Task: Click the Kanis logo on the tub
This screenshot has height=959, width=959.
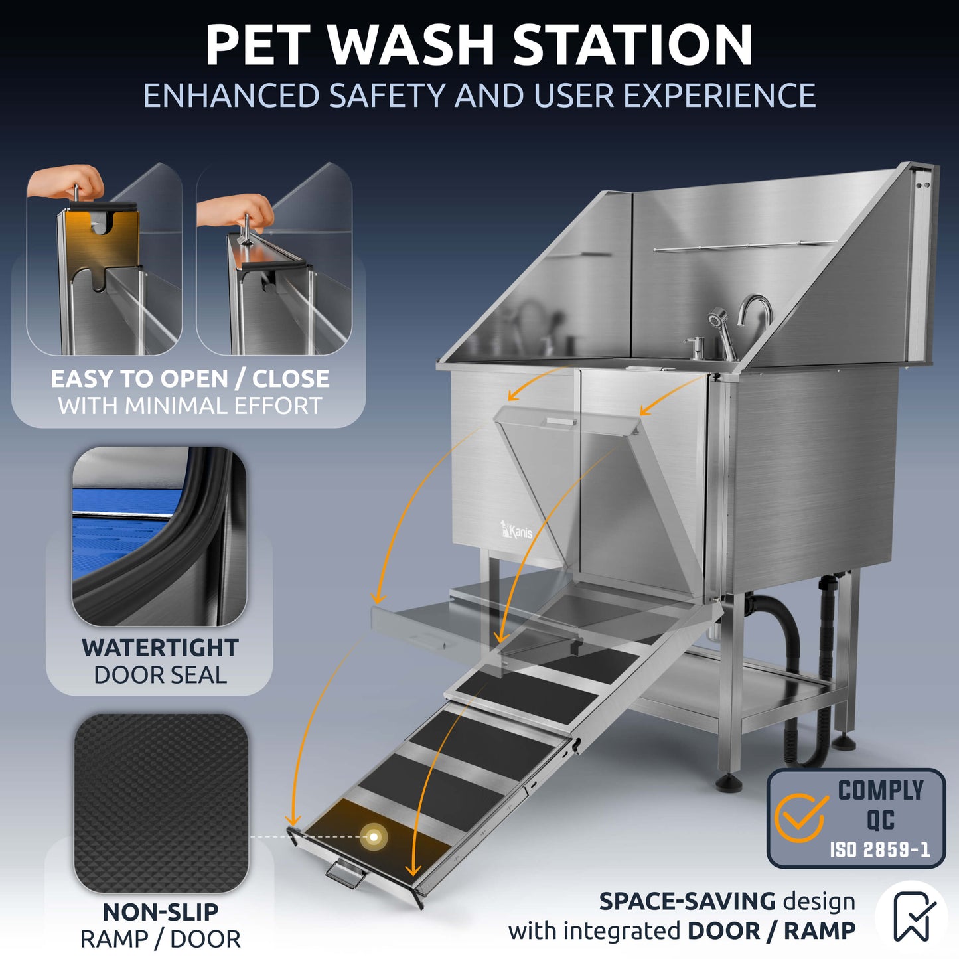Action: click(516, 530)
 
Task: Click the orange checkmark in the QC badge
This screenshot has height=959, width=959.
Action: click(801, 817)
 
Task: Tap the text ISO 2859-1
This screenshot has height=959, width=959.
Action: click(879, 849)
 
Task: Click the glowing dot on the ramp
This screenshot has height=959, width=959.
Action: click(374, 837)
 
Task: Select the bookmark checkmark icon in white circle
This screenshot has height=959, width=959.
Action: click(912, 916)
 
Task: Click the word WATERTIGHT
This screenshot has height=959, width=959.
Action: click(160, 648)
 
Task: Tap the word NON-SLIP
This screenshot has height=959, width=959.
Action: click(160, 912)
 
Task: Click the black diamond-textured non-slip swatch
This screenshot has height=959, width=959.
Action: click(161, 803)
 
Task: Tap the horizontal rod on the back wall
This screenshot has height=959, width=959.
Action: click(743, 246)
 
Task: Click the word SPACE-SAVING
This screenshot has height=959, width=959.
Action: click(687, 901)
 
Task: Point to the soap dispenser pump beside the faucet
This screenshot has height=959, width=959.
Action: click(694, 346)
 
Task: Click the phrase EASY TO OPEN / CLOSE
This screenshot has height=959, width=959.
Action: click(190, 379)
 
